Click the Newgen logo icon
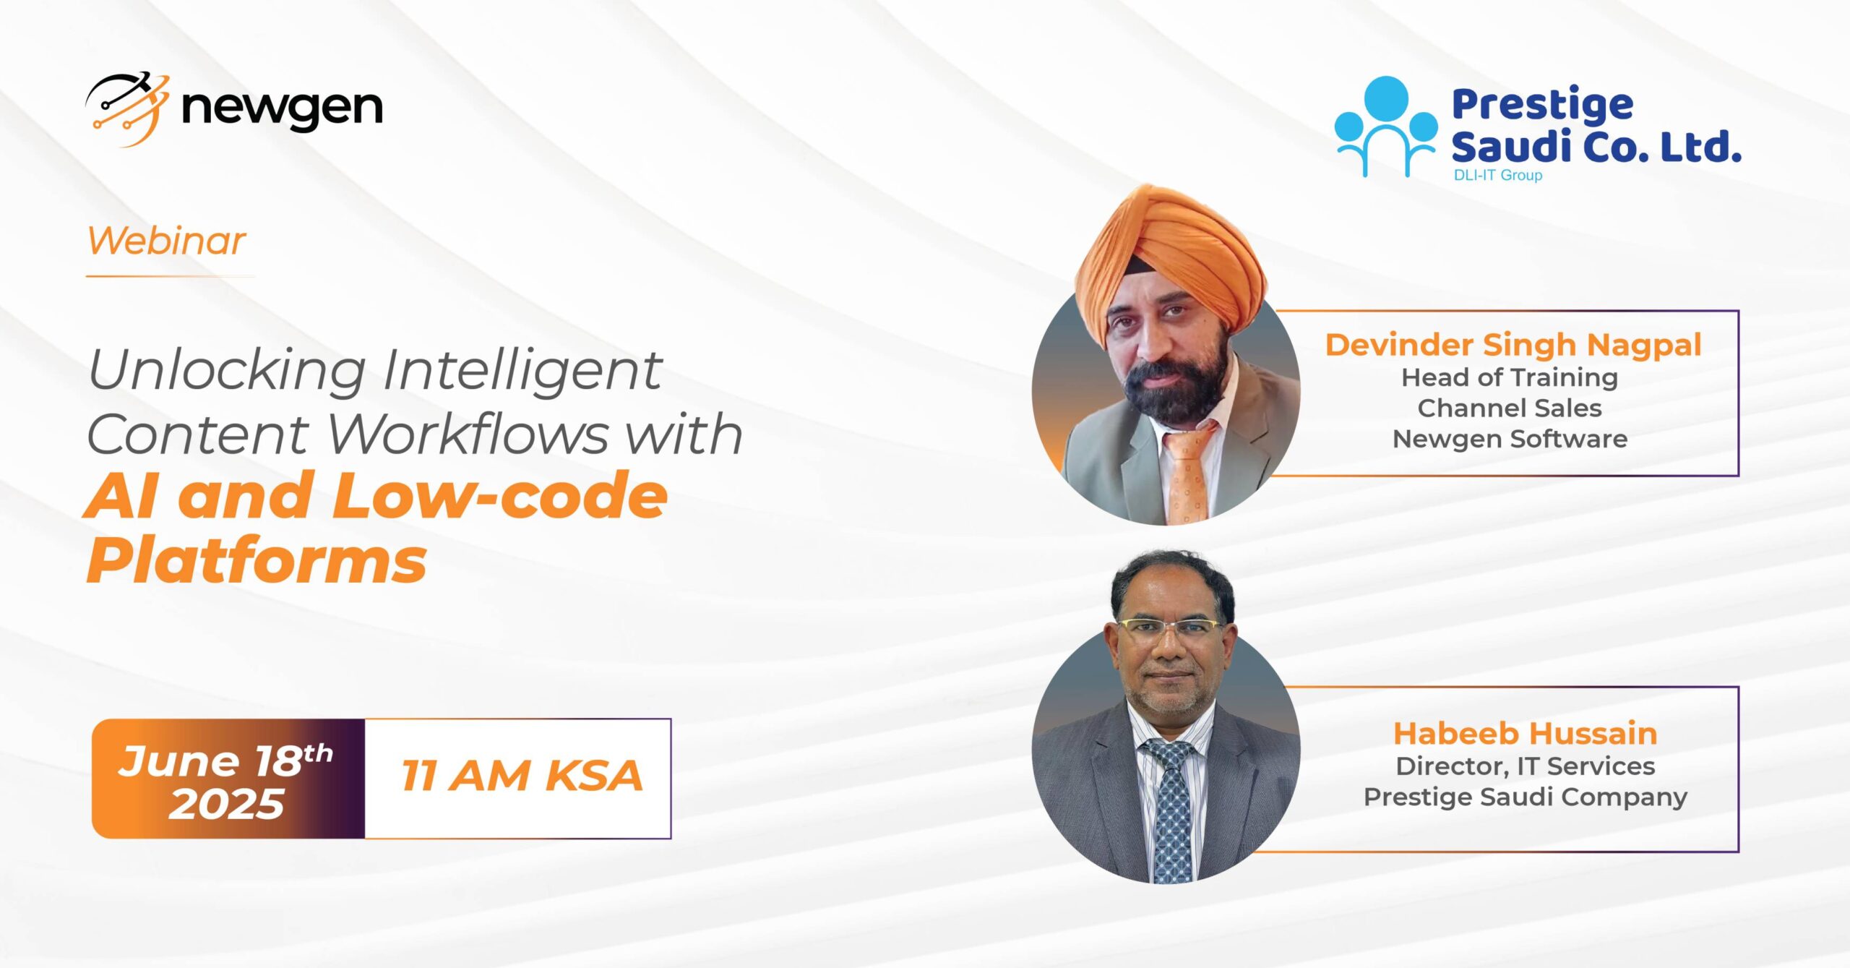(128, 109)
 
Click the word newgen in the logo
(282, 110)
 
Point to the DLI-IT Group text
(1497, 175)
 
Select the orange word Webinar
(167, 241)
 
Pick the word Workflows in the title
(470, 434)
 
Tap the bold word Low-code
(500, 496)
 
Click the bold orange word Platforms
(257, 562)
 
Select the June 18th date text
(225, 761)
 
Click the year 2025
(227, 804)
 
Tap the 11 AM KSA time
(522, 776)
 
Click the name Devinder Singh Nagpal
(1513, 345)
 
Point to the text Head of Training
(1510, 377)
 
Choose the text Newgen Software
(1510, 439)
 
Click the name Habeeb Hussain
(1526, 734)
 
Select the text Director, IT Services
(1526, 766)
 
